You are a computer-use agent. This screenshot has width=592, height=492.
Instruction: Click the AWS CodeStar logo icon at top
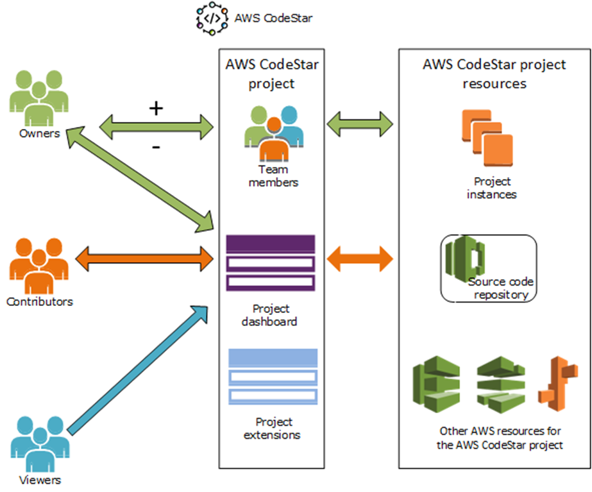[x=212, y=19]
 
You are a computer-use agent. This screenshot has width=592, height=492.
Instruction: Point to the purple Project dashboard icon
[x=270, y=262]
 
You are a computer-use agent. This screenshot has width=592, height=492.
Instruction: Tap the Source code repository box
[x=487, y=267]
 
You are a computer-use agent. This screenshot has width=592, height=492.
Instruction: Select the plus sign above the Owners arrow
[x=156, y=107]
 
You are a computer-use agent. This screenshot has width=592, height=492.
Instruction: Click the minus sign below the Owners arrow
[x=156, y=147]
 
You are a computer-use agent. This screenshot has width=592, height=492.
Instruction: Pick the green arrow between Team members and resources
[x=360, y=120]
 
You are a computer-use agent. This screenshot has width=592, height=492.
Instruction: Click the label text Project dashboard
[x=269, y=315]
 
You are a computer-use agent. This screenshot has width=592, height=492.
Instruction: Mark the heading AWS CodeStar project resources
[x=494, y=74]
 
